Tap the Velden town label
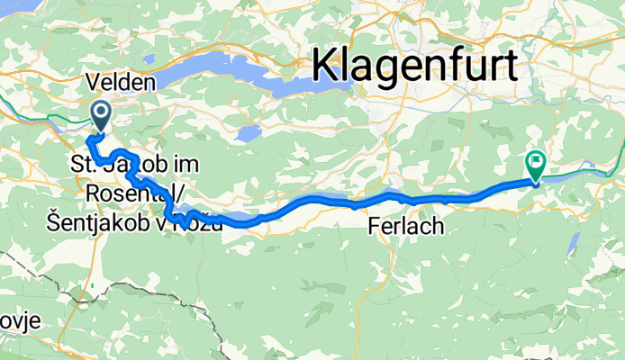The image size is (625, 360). tap(121, 82)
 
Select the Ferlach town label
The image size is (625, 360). tap(406, 227)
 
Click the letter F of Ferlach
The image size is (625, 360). tap(375, 227)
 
